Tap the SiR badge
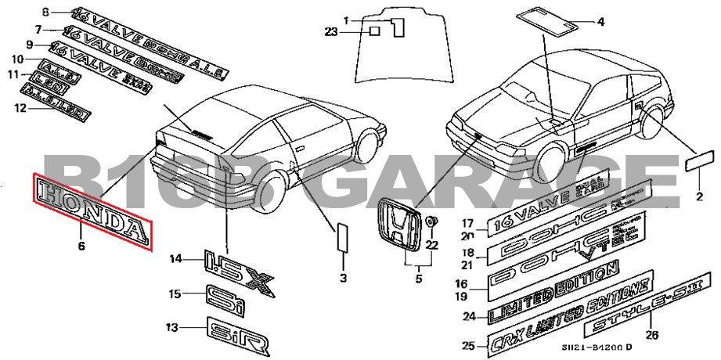[x=238, y=335]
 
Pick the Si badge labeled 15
[x=224, y=298]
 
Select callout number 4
[x=600, y=22]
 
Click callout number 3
[x=343, y=278]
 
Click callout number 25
[x=467, y=345]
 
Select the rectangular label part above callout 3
[x=343, y=236]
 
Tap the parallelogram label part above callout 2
[x=698, y=164]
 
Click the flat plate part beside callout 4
[x=548, y=19]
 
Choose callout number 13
[x=171, y=327]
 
